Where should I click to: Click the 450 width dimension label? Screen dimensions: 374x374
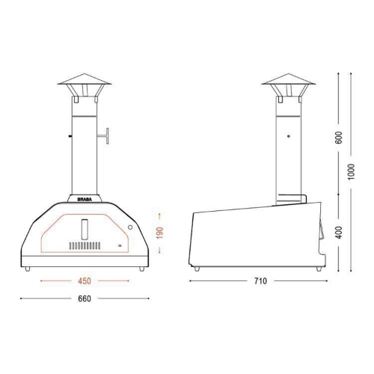(x=84, y=282)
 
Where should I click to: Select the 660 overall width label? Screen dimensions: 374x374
(x=84, y=298)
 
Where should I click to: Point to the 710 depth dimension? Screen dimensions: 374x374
(x=260, y=282)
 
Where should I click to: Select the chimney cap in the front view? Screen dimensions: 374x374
(x=84, y=84)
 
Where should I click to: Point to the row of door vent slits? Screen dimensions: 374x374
(x=84, y=245)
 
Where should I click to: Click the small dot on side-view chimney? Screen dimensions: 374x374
(x=289, y=136)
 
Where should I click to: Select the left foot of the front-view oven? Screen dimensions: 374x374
(x=28, y=268)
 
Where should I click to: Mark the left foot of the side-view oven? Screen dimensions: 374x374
(x=198, y=268)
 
